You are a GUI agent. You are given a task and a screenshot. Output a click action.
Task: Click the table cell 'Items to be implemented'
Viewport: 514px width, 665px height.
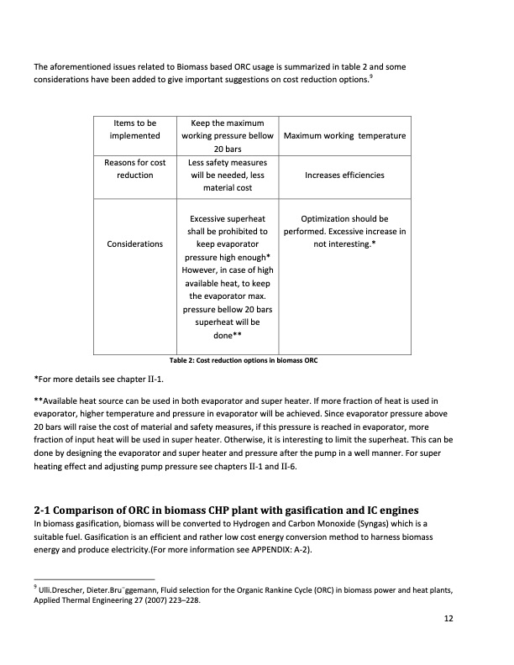[x=134, y=129]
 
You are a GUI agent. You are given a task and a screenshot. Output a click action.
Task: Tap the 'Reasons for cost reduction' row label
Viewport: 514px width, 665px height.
[x=134, y=168]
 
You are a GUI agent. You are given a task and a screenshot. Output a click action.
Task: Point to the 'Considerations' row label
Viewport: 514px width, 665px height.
[x=134, y=243]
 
